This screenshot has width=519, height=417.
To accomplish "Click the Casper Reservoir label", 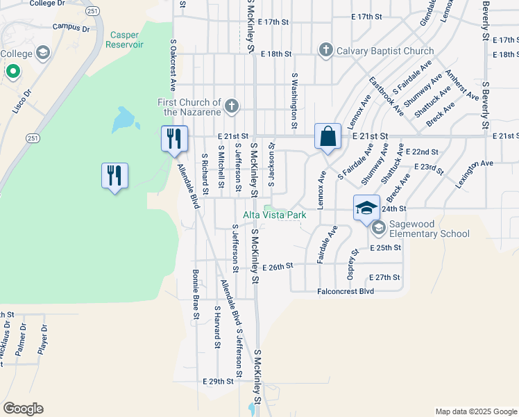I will pos(124,39).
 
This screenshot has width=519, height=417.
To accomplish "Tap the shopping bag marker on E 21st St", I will pos(327,136).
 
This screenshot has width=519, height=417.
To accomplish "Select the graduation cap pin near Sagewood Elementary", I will pos(367,207).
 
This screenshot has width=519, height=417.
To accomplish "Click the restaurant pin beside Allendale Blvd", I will pos(175,138).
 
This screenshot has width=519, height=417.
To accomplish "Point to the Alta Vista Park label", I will pos(275,215).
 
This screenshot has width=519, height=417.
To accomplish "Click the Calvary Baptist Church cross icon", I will pos(325,50).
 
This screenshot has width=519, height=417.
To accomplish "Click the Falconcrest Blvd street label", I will pos(346,291).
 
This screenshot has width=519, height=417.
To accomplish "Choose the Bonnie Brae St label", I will pos(196,295).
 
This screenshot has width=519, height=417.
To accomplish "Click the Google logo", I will pos(24,409).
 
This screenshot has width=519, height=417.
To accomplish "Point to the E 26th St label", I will pos(278,266).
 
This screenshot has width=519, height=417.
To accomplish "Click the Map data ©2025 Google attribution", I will pos(475,411).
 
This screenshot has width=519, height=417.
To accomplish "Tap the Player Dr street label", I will pos(43,339).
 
